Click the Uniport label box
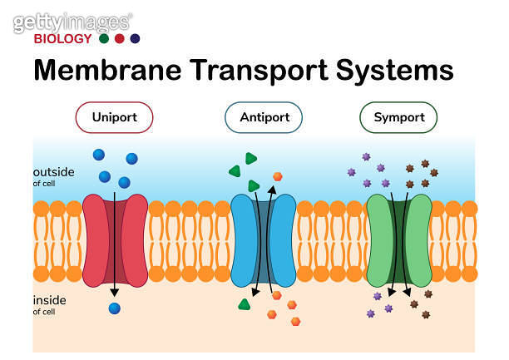pos(116,117)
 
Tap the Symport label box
pos(398,117)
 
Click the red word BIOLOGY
pos(62,38)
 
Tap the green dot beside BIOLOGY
pos(103,38)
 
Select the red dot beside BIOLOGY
pos(119,38)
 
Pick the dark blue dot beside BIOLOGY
pos(135,38)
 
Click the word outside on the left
pos(54,172)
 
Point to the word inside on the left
pos(49,300)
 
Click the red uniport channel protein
pos(116,240)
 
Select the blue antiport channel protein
pos(263,240)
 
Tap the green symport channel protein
pos(399,240)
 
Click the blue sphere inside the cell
pos(115,308)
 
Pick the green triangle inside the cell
pos(244,304)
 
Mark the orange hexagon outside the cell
pos(277,176)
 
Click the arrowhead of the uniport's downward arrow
pos(115,291)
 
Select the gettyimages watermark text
pos(72,22)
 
